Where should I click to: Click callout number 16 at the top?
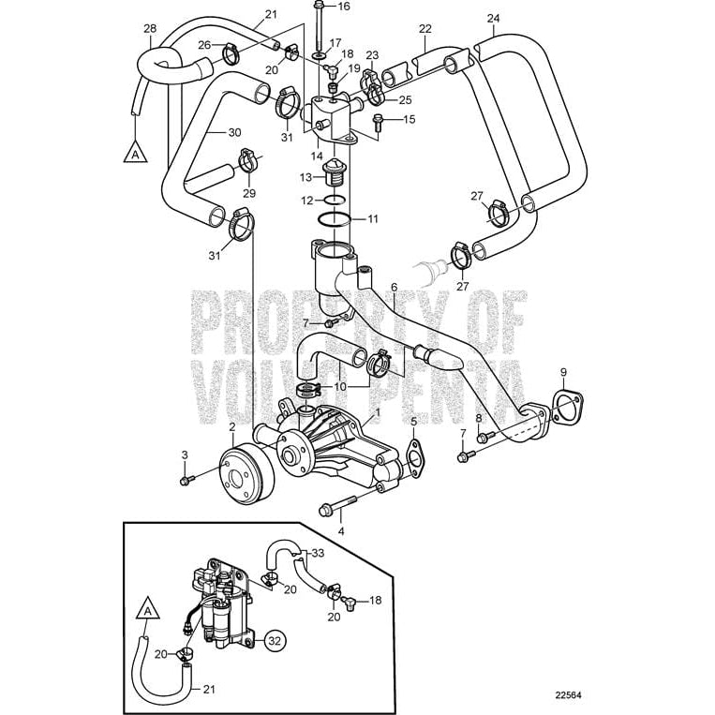(343, 7)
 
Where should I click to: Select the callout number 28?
(150, 29)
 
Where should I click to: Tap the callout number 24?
(494, 18)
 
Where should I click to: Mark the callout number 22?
(425, 29)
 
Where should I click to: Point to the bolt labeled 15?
(380, 119)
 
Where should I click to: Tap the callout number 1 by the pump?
(378, 410)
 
